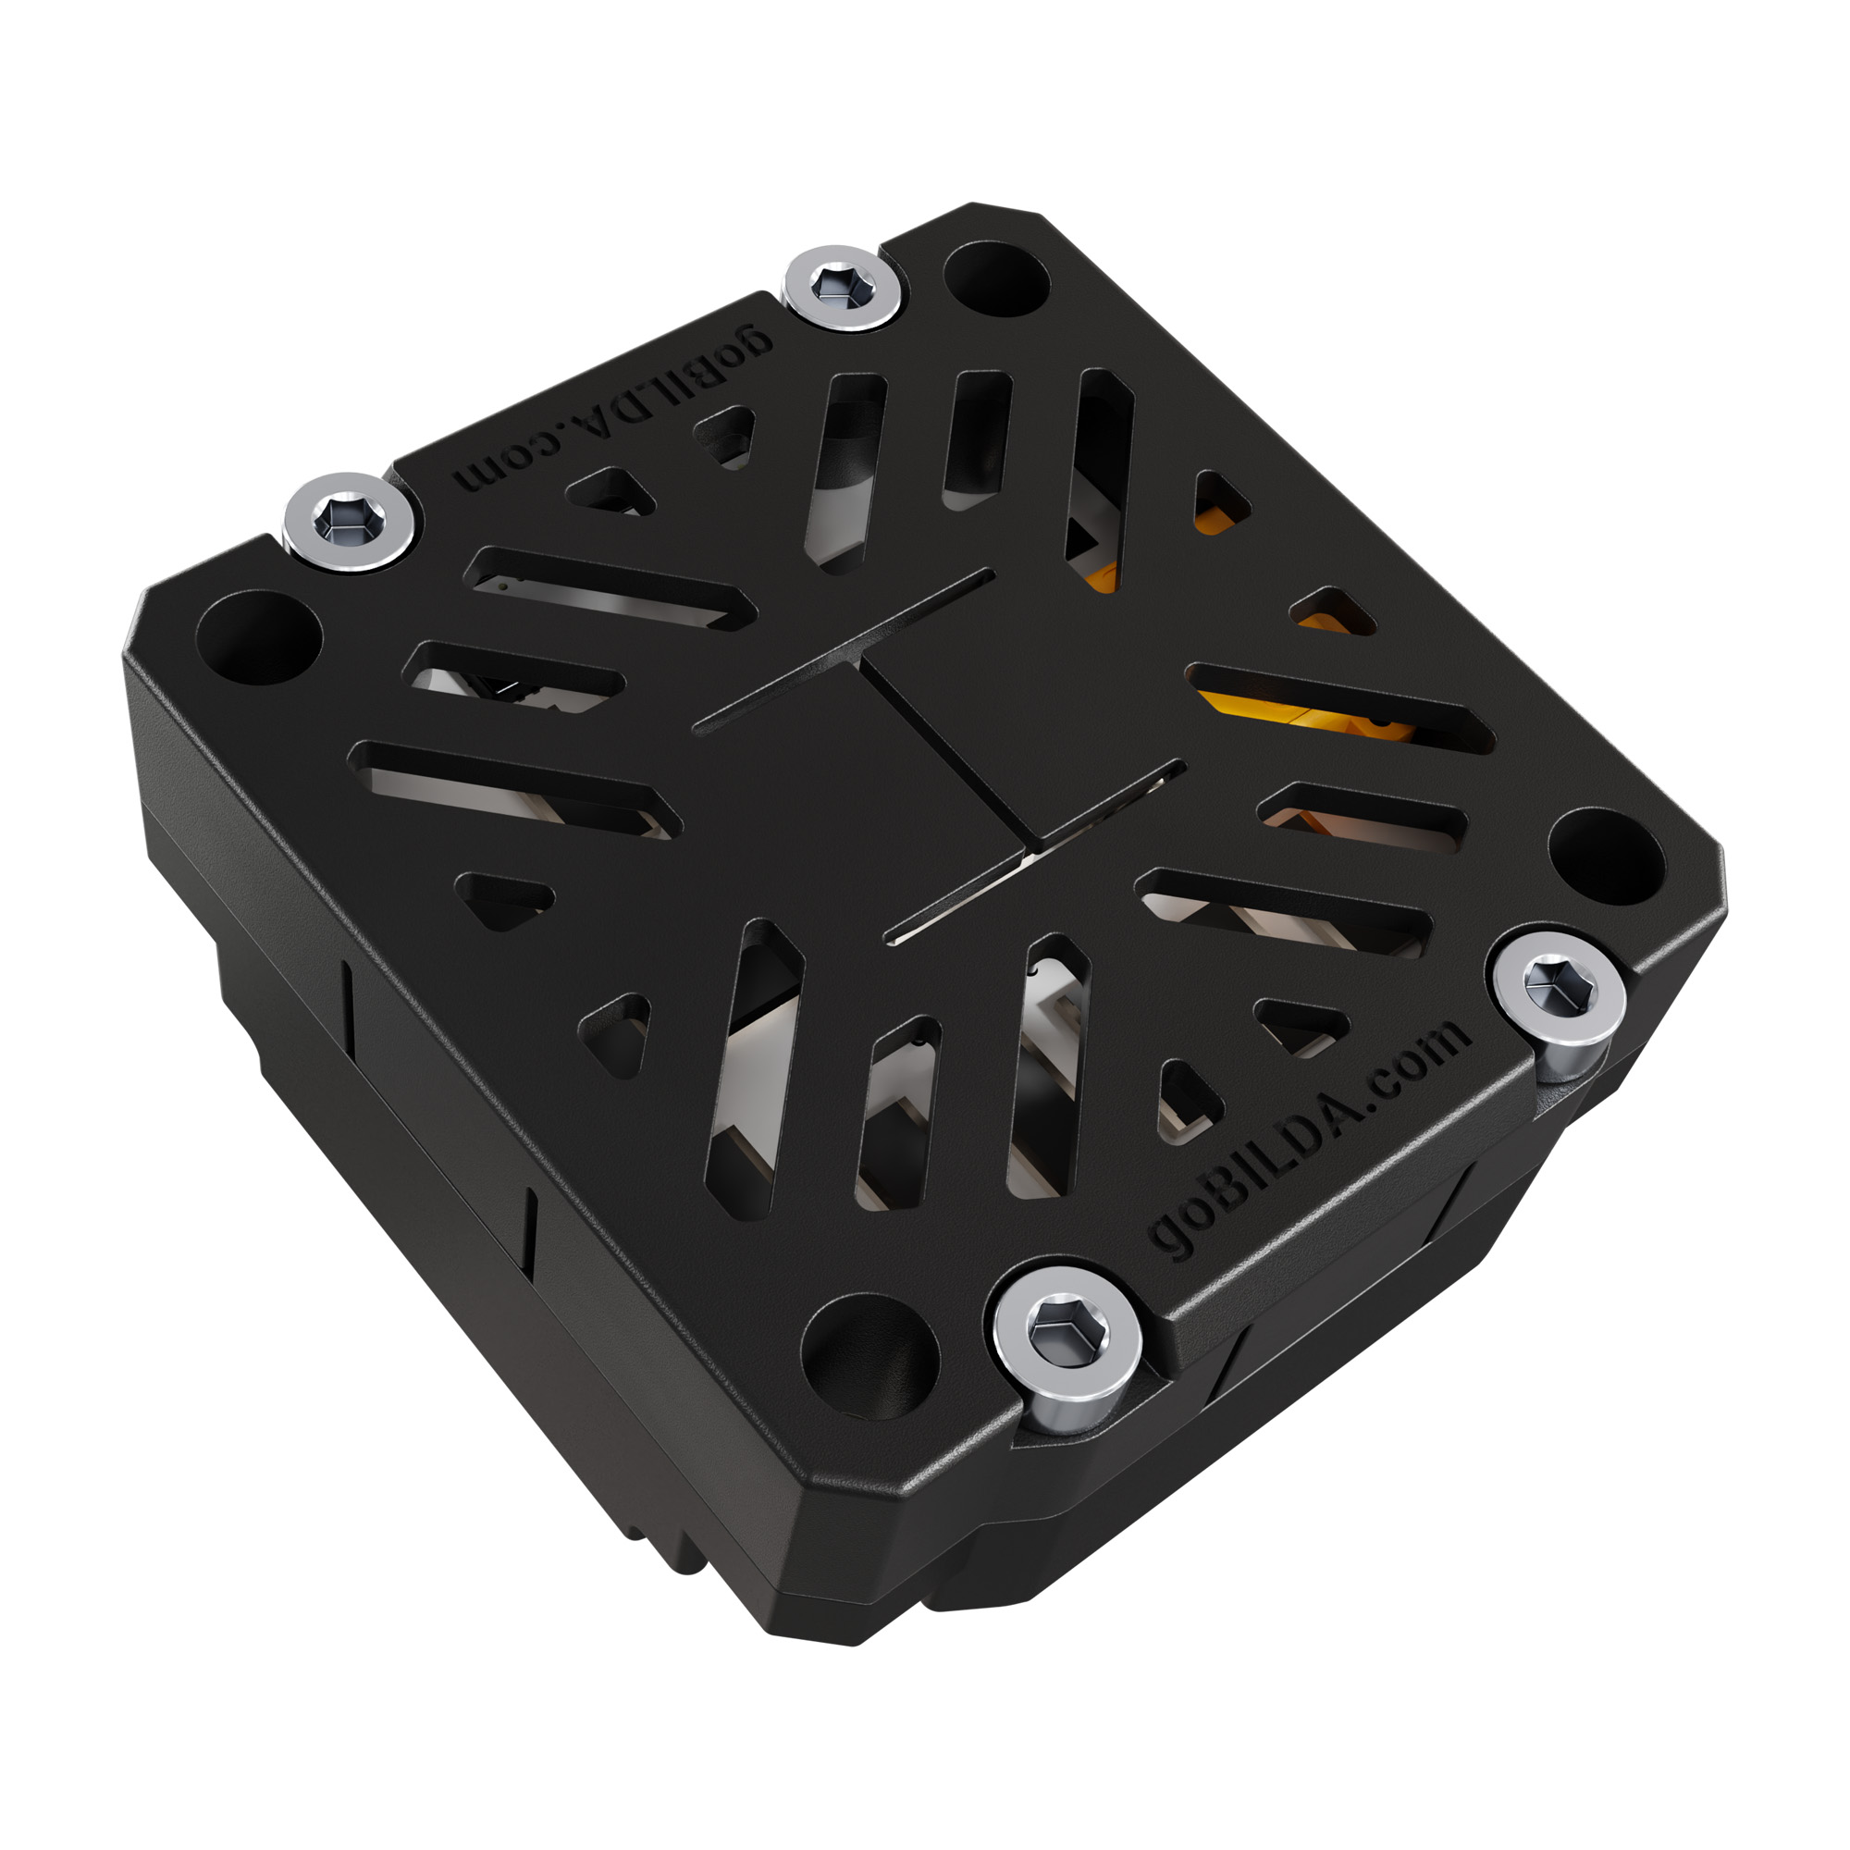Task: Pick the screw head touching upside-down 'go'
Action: click(x=843, y=288)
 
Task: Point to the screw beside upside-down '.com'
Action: click(x=350, y=524)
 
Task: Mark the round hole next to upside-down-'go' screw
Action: click(x=997, y=280)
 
